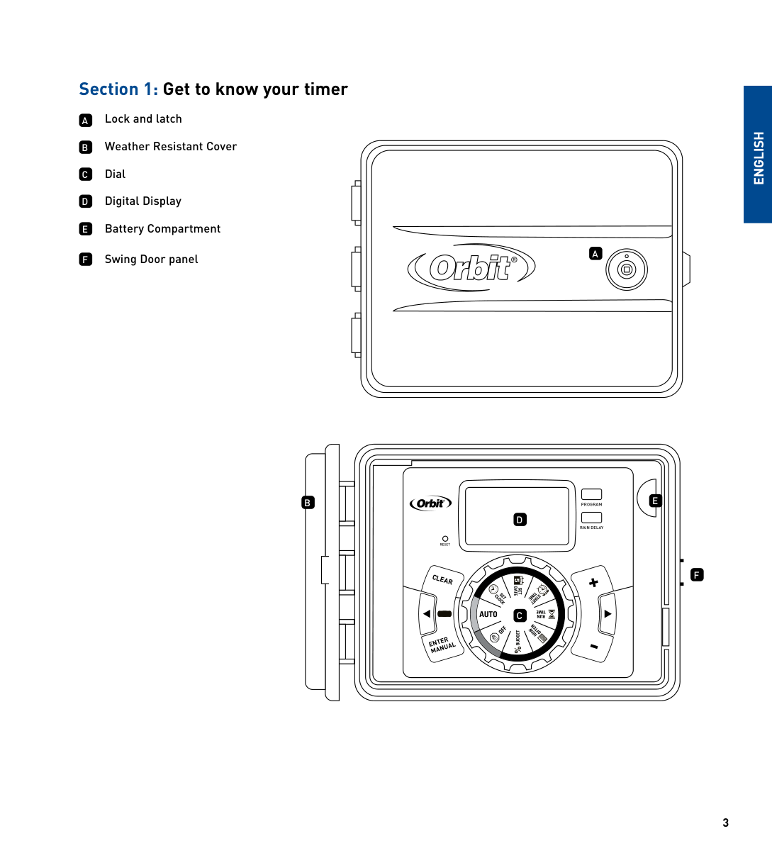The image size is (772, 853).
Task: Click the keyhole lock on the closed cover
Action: tap(626, 270)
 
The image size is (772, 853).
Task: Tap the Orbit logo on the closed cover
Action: tap(471, 268)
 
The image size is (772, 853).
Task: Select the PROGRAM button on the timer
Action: tap(591, 494)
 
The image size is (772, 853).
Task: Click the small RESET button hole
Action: tap(445, 539)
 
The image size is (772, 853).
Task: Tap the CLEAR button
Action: tap(442, 580)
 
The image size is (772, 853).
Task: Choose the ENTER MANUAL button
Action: tap(442, 645)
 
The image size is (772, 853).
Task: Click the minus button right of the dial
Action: tap(594, 646)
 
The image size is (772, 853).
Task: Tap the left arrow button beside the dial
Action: tap(427, 614)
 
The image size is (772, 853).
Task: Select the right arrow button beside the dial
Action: tap(608, 614)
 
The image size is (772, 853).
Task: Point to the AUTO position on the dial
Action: tap(488, 614)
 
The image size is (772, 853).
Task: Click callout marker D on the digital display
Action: tap(520, 520)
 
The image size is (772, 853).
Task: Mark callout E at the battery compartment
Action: tap(655, 501)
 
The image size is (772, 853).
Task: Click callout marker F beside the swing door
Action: tap(697, 575)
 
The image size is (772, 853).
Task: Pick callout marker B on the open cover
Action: tap(308, 503)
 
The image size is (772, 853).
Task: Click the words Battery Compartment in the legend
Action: tap(162, 229)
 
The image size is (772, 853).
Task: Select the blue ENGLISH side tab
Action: tap(758, 155)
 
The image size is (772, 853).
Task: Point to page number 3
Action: tap(725, 823)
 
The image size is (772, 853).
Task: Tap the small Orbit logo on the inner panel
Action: tap(430, 503)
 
